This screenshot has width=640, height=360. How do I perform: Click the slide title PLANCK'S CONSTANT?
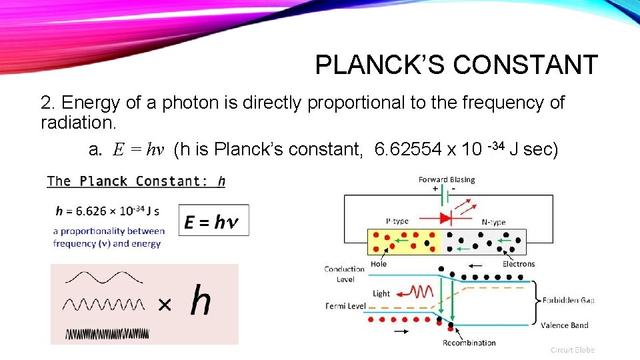[x=456, y=65]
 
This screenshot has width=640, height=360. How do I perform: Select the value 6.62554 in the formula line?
[x=408, y=150]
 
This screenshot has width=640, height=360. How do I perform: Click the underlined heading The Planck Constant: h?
[x=136, y=181]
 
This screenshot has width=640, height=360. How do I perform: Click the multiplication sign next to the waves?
[x=163, y=305]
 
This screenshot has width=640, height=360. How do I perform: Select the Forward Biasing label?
[x=447, y=179]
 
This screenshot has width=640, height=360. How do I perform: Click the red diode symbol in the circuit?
[x=445, y=217]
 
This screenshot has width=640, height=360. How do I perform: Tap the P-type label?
[x=398, y=221]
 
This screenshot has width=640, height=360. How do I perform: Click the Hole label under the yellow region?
[x=379, y=264]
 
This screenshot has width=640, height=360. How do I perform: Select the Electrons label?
[x=519, y=264]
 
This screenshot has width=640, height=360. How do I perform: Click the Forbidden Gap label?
[x=569, y=300]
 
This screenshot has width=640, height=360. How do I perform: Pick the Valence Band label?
[x=565, y=325]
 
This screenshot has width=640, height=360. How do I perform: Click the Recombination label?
[x=469, y=343]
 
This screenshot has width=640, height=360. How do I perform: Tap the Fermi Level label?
[x=345, y=306]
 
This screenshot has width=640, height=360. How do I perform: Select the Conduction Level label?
[x=345, y=274]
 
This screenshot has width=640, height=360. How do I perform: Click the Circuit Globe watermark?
[x=572, y=349]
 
